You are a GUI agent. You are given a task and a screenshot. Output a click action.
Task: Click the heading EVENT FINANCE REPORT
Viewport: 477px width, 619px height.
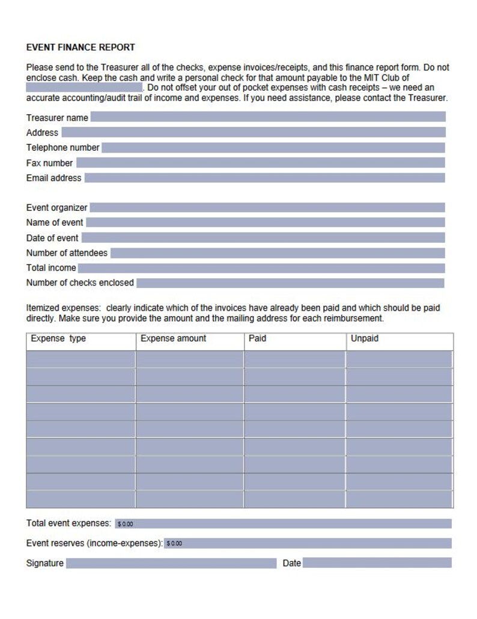pyautogui.click(x=81, y=47)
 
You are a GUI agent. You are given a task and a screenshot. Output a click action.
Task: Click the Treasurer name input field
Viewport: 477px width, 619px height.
pyautogui.click(x=268, y=117)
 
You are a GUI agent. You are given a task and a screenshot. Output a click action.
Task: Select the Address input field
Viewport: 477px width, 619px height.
pyautogui.click(x=253, y=132)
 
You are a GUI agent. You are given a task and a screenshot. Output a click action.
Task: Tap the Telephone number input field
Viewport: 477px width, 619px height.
pyautogui.click(x=273, y=147)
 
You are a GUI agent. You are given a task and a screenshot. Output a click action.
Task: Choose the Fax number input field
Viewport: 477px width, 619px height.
pyautogui.click(x=260, y=163)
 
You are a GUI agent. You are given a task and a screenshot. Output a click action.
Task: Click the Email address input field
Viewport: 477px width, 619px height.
pyautogui.click(x=264, y=178)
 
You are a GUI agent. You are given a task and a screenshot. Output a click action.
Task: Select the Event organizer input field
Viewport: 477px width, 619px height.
pyautogui.click(x=267, y=207)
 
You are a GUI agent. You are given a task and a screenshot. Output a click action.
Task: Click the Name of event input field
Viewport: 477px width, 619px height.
pyautogui.click(x=265, y=222)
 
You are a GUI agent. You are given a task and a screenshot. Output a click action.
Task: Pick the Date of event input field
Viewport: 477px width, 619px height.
pyautogui.click(x=263, y=238)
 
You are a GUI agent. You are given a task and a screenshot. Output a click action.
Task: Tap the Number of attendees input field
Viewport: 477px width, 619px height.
pyautogui.click(x=278, y=253)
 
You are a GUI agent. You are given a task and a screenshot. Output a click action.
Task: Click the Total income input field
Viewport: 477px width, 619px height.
pyautogui.click(x=261, y=268)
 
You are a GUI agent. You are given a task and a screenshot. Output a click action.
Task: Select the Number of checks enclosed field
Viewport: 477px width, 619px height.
pyautogui.click(x=290, y=283)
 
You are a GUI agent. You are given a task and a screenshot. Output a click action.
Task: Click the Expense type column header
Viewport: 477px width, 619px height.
pyautogui.click(x=58, y=339)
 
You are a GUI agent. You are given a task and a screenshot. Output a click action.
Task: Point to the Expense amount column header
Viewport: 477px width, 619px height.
pyautogui.click(x=173, y=339)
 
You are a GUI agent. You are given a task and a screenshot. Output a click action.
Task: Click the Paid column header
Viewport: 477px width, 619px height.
pyautogui.click(x=257, y=339)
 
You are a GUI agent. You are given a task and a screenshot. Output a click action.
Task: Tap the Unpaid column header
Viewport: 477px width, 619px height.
pyautogui.click(x=365, y=339)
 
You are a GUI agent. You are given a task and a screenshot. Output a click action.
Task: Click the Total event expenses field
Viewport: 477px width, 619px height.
pyautogui.click(x=283, y=523)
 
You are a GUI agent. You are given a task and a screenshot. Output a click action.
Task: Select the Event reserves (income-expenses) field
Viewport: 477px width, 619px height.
pyautogui.click(x=308, y=543)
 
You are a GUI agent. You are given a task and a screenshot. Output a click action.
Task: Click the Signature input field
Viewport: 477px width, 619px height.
pyautogui.click(x=171, y=563)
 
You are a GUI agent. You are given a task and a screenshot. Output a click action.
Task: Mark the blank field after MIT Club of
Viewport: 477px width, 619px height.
pyautogui.click(x=84, y=88)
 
